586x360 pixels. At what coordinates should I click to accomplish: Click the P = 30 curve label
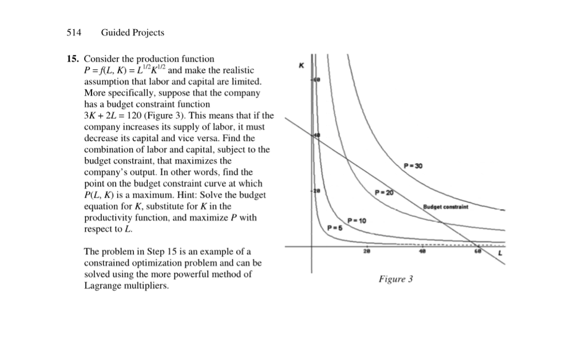click(x=413, y=166)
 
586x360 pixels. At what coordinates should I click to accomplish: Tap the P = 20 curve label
click(x=385, y=192)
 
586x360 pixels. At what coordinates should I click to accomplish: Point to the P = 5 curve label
click(x=334, y=227)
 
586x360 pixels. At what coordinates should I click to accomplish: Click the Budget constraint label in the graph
click(x=446, y=207)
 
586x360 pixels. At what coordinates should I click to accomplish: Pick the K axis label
click(x=300, y=66)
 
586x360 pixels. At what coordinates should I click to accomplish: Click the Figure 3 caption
click(x=395, y=279)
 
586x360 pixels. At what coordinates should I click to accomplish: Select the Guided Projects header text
click(x=132, y=33)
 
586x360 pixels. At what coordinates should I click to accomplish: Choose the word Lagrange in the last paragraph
click(x=102, y=286)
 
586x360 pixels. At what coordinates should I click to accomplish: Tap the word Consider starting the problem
click(x=101, y=59)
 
